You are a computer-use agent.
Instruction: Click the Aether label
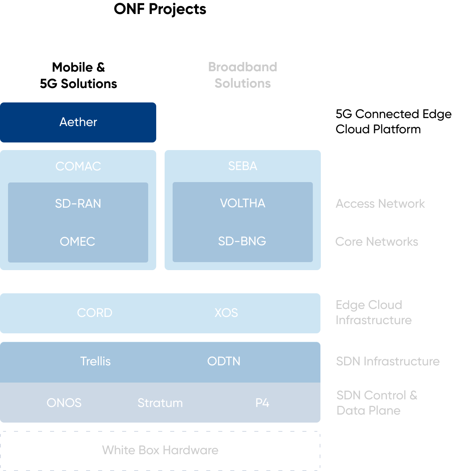78,122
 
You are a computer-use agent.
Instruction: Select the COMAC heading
78,166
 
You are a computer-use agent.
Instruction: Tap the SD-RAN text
78,204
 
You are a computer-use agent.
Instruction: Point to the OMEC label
77,242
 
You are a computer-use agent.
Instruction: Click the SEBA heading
242,166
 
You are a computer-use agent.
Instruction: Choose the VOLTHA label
242,203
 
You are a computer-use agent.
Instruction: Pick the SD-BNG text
242,241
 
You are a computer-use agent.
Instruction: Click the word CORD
95,313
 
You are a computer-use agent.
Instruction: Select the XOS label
226,313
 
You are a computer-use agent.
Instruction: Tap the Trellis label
95,361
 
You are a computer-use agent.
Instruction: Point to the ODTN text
224,361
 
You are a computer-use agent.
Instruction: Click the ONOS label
64,403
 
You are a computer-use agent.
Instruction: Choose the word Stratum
160,403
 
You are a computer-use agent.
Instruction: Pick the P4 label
262,403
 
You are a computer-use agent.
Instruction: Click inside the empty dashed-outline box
160,451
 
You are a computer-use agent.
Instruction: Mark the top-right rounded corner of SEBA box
319,152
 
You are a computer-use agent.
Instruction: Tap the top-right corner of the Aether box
155,104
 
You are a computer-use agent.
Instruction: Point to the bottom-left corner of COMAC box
2,269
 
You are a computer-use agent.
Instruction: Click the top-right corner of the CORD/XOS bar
319,295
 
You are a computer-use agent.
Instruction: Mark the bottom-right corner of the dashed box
319,469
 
